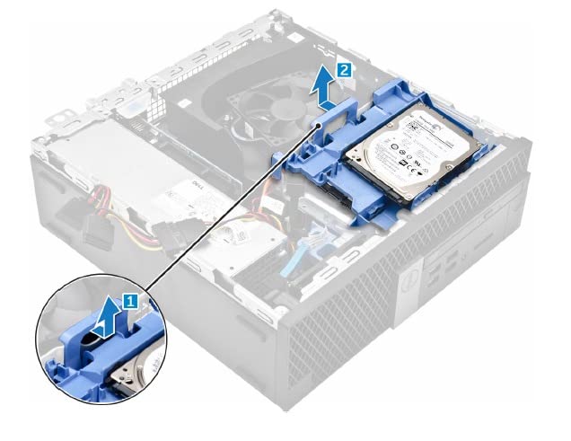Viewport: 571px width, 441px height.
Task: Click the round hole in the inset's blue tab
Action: [85, 335]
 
